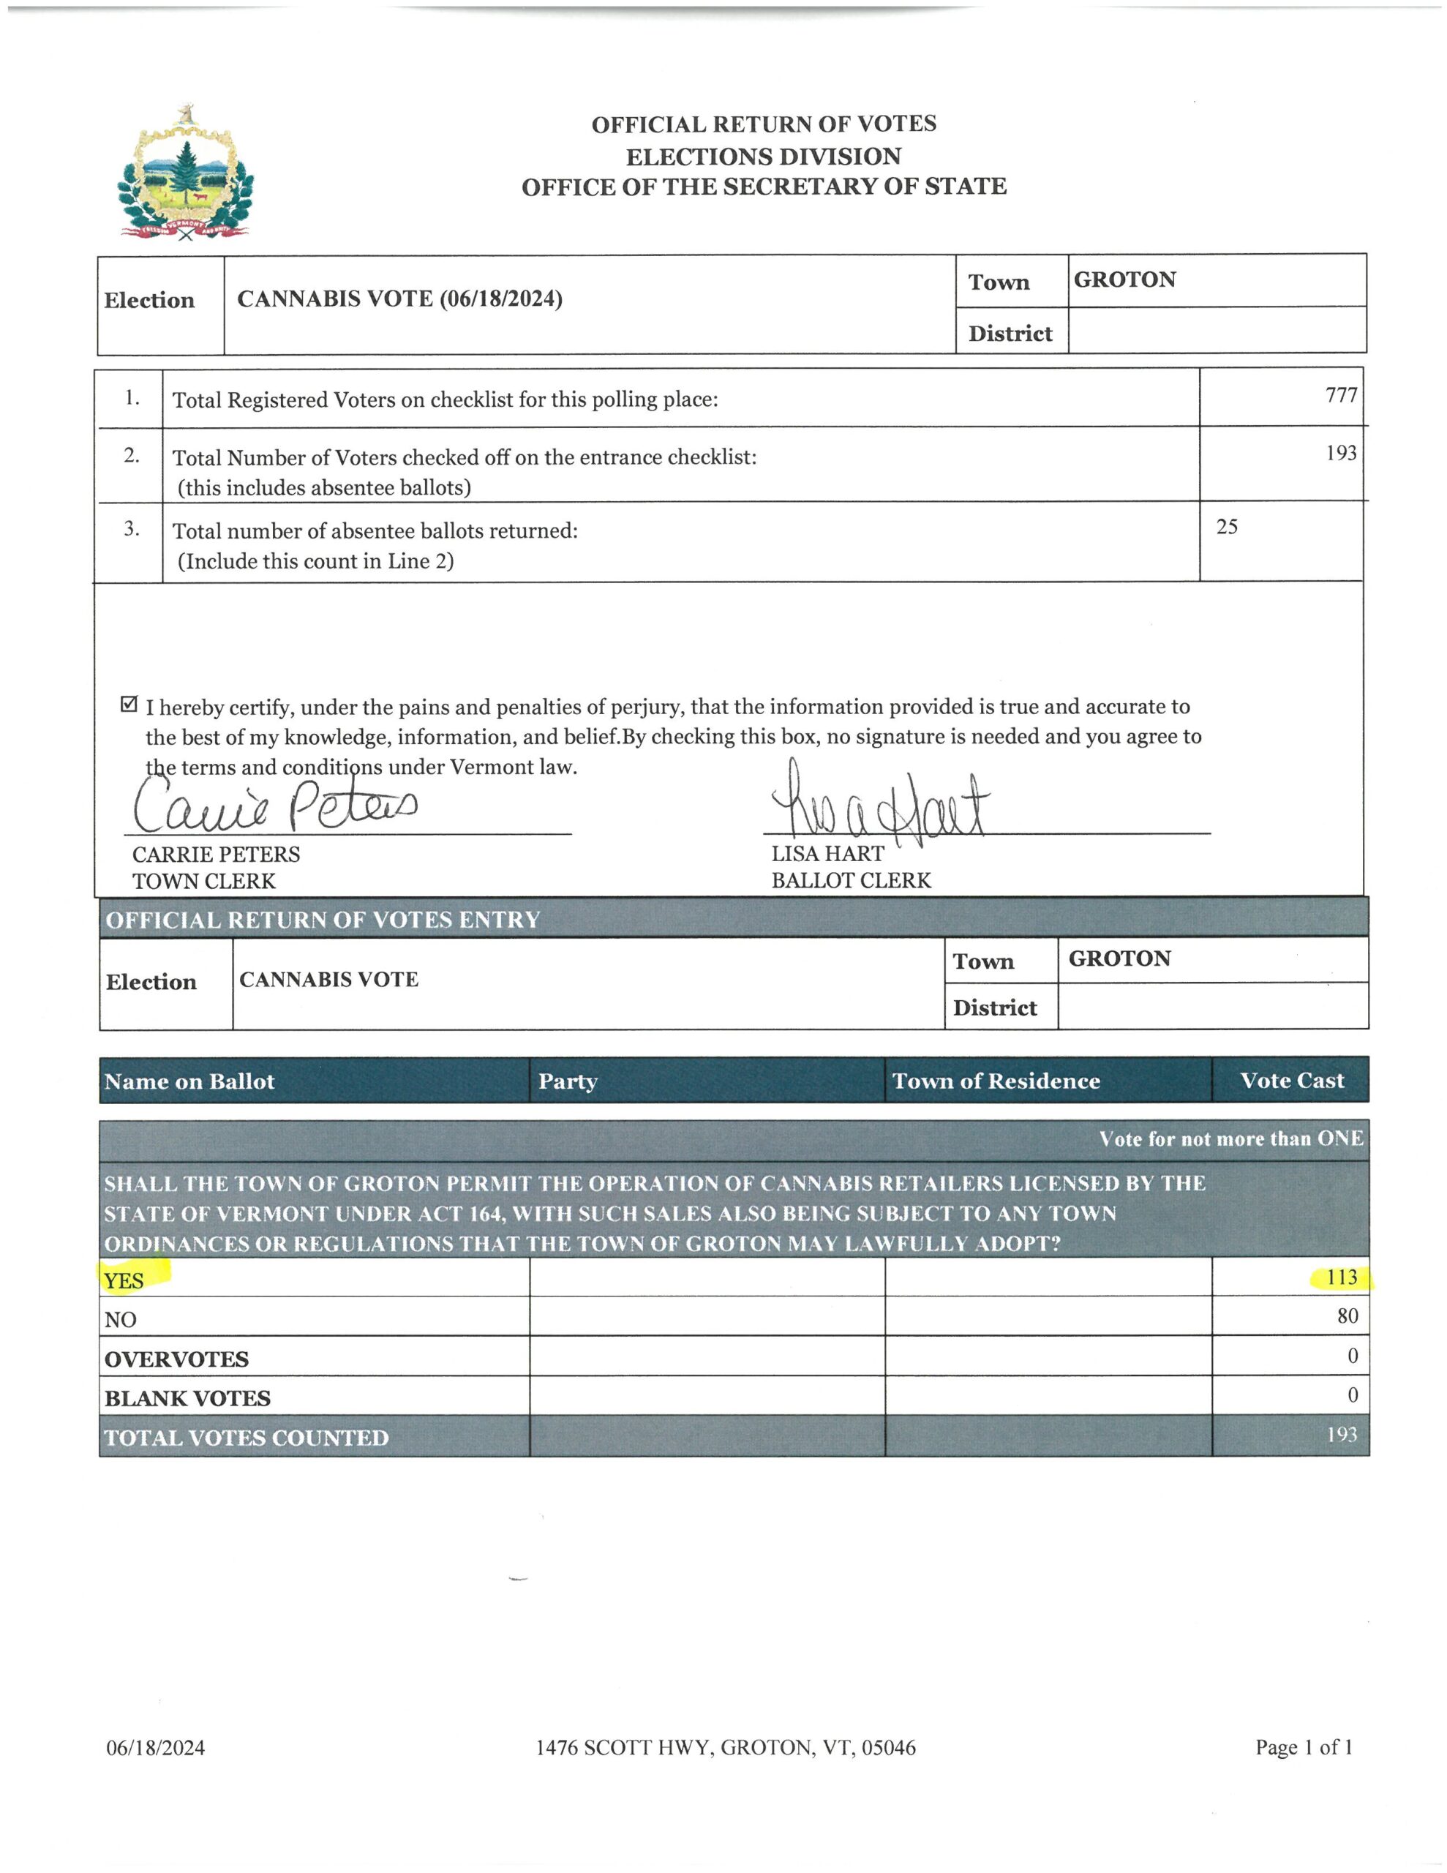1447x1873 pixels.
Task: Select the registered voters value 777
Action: click(x=1341, y=395)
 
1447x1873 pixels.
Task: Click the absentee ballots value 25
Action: click(x=1227, y=527)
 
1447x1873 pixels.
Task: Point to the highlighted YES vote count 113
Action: click(x=1341, y=1278)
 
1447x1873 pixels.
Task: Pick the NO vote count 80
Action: click(x=1347, y=1316)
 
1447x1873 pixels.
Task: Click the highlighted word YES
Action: click(x=124, y=1280)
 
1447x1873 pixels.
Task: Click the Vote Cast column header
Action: click(x=1292, y=1081)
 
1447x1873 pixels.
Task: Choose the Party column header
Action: click(x=568, y=1081)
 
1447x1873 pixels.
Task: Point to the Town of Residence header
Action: click(x=996, y=1081)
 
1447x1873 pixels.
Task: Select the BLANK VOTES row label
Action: click(x=188, y=1398)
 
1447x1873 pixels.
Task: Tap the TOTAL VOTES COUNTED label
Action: click(x=247, y=1438)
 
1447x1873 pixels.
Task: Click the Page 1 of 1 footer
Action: click(x=1304, y=1747)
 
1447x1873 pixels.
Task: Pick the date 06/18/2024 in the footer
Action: click(x=155, y=1748)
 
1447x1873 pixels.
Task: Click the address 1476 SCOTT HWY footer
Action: click(x=726, y=1748)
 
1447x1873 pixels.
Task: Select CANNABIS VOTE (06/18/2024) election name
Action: click(x=399, y=299)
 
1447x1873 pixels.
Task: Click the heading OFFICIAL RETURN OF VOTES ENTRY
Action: click(x=323, y=920)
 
